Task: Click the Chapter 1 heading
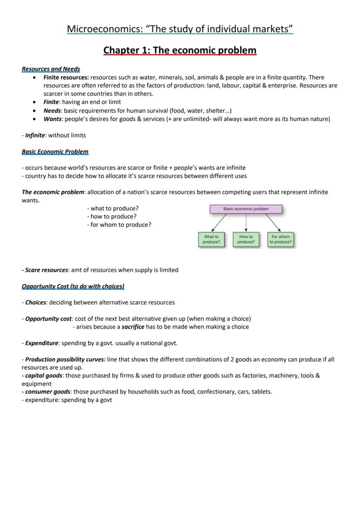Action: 180,50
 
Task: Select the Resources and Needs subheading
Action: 51,69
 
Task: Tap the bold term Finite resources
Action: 66,77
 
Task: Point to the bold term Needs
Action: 52,110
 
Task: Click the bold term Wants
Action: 53,119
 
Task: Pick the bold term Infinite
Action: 35,135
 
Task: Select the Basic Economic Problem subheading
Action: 55,151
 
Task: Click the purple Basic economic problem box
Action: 246,209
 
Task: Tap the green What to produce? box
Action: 211,239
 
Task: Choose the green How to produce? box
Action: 246,239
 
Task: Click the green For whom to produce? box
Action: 280,239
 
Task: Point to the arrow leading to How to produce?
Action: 246,222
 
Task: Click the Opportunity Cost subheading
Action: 73,286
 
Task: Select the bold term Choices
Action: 35,302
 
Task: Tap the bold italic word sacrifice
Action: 133,326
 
